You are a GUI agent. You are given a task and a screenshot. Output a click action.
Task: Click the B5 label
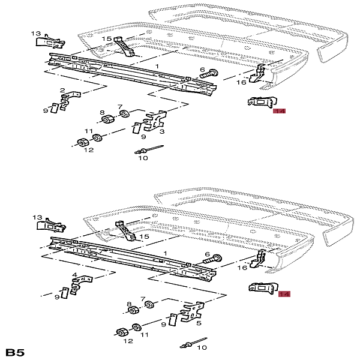coord(15,352)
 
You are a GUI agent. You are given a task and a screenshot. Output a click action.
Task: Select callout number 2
coord(62,91)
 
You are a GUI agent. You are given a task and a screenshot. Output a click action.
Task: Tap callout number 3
coord(162,131)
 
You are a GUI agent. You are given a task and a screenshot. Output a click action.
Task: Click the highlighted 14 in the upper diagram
coord(280,111)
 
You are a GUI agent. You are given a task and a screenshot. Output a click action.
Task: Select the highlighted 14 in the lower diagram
coord(284,294)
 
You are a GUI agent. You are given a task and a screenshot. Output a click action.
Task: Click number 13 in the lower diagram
coord(38,217)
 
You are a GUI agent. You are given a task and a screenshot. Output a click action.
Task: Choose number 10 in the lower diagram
coord(202,347)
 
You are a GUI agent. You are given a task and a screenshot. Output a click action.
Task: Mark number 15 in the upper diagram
coord(106,39)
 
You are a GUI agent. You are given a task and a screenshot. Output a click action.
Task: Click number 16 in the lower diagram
coord(242,267)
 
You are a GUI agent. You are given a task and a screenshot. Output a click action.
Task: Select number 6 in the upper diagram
coord(202,70)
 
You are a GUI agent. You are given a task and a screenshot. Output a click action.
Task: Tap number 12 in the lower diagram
coord(128,341)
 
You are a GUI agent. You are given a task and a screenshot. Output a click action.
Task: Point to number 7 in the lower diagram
coord(143,298)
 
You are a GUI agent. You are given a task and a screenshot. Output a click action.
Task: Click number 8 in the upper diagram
coord(102,112)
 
